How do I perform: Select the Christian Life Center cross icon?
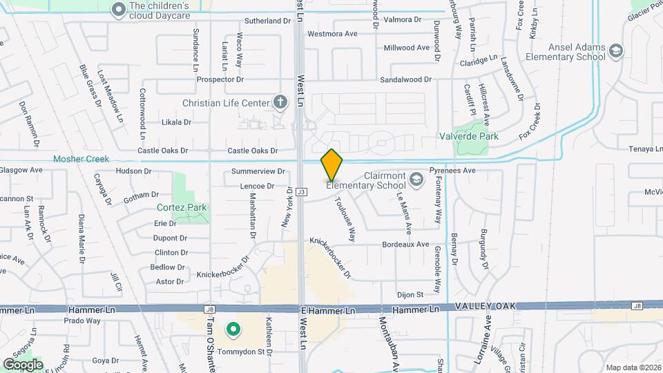coord(280,103)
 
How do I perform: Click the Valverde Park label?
coord(469,137)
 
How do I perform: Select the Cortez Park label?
coord(182,207)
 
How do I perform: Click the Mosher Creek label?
coord(81,159)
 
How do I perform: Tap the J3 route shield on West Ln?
coord(302,191)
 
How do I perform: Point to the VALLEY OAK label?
coord(485,306)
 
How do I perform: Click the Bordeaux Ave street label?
coord(405,245)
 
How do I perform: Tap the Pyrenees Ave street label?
coord(453,170)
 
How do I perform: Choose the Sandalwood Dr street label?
coord(410,79)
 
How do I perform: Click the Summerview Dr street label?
coord(258,171)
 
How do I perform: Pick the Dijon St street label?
coord(410,294)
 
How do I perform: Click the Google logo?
coord(23,364)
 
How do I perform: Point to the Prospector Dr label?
coord(206,79)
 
